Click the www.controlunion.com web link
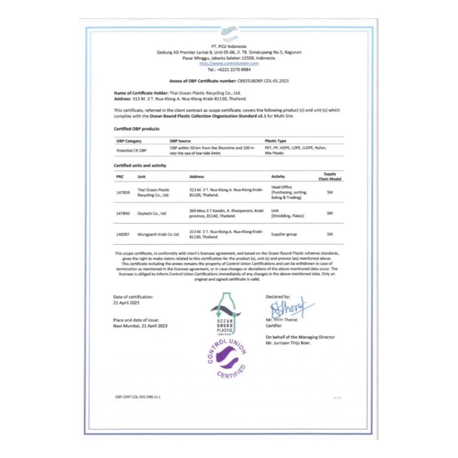click(229, 64)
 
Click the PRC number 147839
click(123, 192)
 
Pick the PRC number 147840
click(123, 213)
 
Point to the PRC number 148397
click(123, 234)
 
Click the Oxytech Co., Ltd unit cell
click(152, 213)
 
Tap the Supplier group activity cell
click(284, 234)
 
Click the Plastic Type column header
click(275, 141)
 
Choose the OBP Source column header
click(180, 141)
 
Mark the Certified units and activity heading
click(140, 165)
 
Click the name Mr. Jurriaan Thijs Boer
click(288, 343)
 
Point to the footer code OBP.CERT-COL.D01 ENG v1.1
click(138, 397)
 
